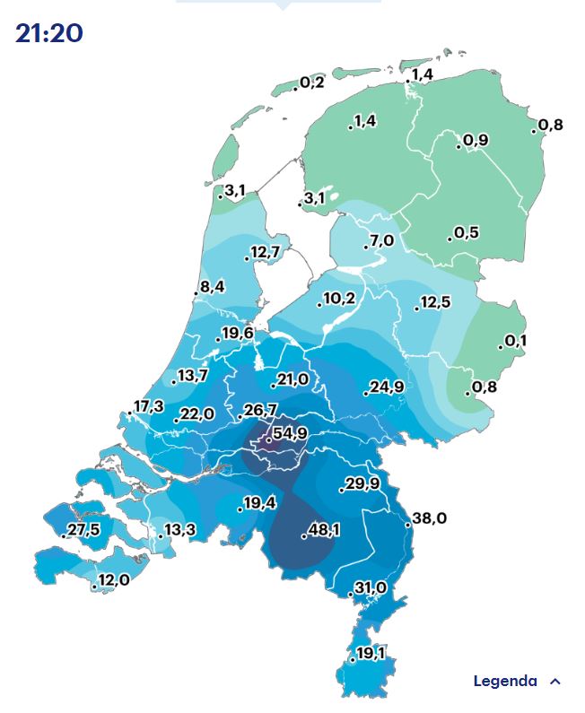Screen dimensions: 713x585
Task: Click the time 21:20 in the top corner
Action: click(x=49, y=33)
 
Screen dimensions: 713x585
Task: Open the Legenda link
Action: click(x=505, y=682)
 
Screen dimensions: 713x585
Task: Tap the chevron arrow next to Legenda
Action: click(x=555, y=682)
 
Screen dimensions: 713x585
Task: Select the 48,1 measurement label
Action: click(x=324, y=531)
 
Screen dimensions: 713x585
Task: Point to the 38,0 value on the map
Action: click(x=429, y=518)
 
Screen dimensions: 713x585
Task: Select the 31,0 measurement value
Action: click(x=370, y=587)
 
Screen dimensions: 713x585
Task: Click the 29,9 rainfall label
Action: click(x=362, y=484)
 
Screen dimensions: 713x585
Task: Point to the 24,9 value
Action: click(x=387, y=387)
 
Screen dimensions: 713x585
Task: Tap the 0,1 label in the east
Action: click(x=516, y=341)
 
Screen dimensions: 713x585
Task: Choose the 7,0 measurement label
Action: click(x=381, y=240)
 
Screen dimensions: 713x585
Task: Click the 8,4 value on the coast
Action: click(x=213, y=287)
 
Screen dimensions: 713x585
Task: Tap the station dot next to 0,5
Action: click(x=450, y=239)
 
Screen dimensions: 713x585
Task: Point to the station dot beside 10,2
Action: click(x=319, y=305)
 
